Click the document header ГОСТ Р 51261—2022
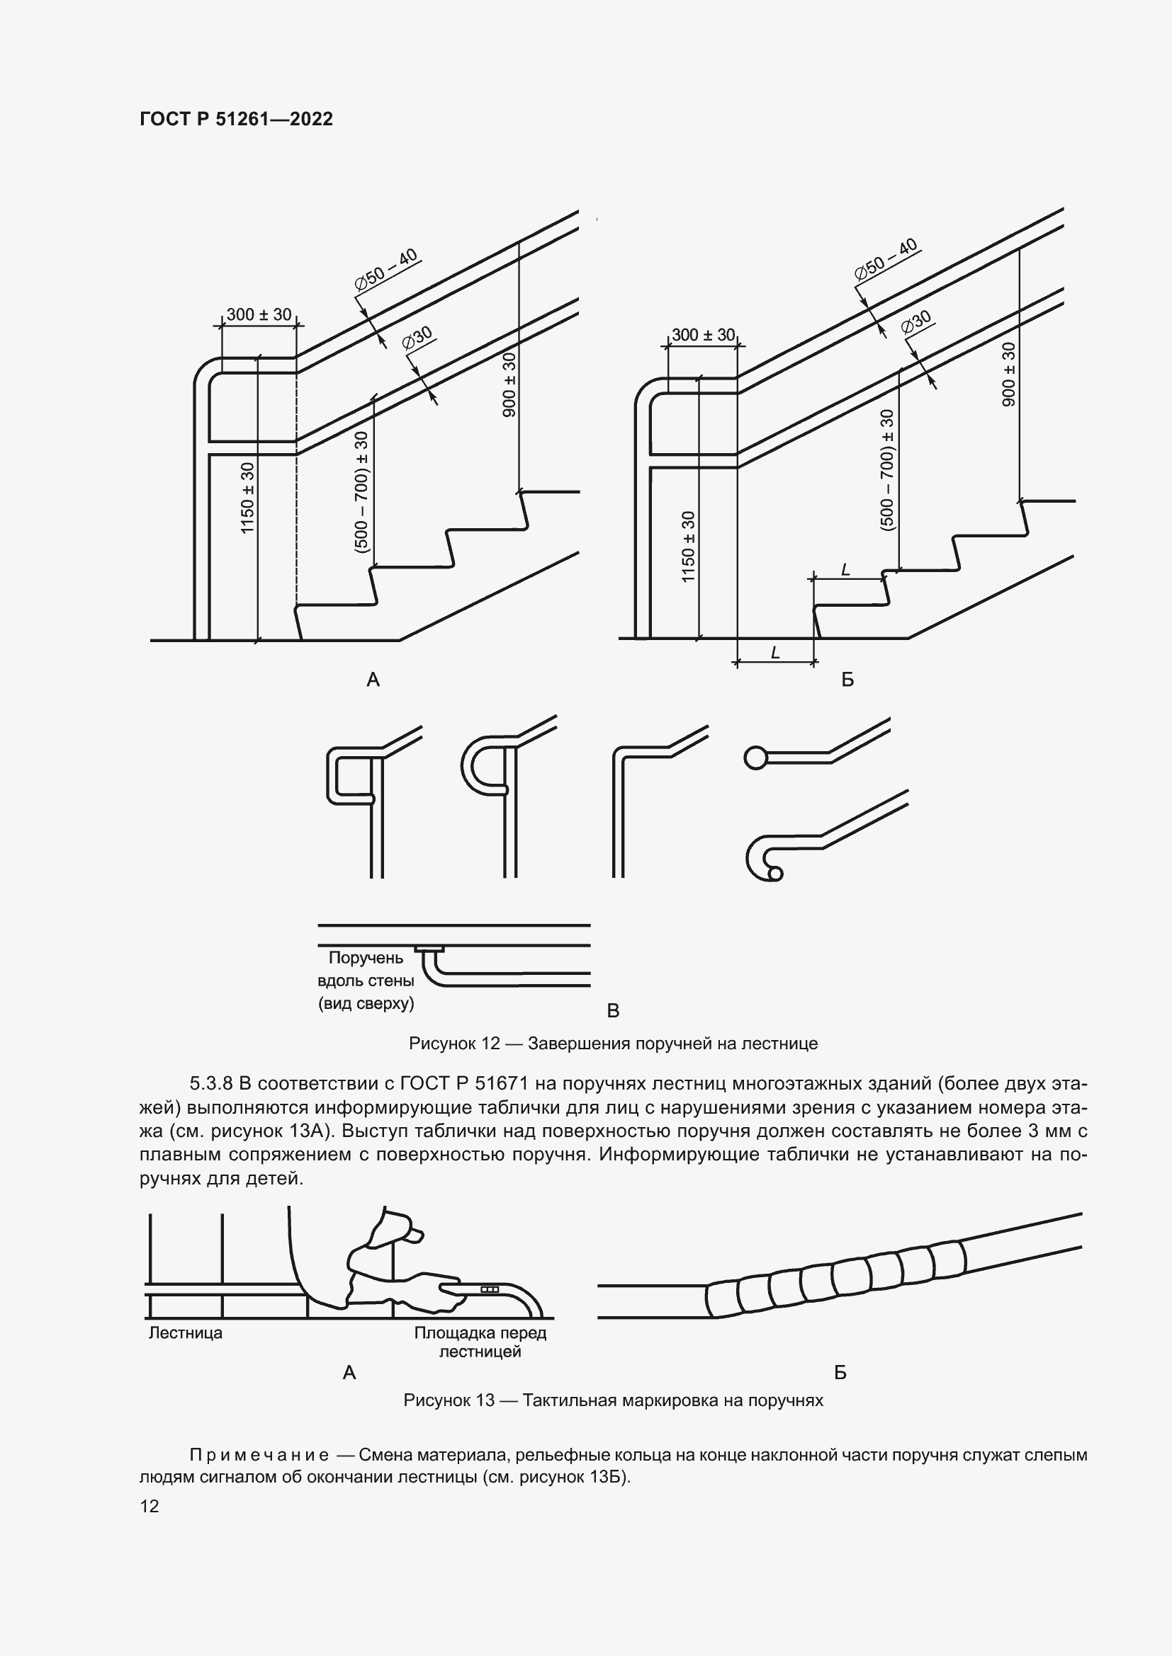(236, 119)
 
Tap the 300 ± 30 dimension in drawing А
(259, 314)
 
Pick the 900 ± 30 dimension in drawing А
(509, 384)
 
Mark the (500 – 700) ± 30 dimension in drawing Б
(887, 469)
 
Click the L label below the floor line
(775, 653)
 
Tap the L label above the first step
(846, 570)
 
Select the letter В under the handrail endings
(613, 1010)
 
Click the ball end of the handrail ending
(755, 758)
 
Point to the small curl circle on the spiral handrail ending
(775, 874)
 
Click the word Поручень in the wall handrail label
(366, 958)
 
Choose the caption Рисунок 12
(613, 1043)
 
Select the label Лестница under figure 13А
(186, 1333)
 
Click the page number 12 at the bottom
(150, 1506)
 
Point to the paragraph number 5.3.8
(210, 1083)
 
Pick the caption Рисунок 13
(613, 1400)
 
